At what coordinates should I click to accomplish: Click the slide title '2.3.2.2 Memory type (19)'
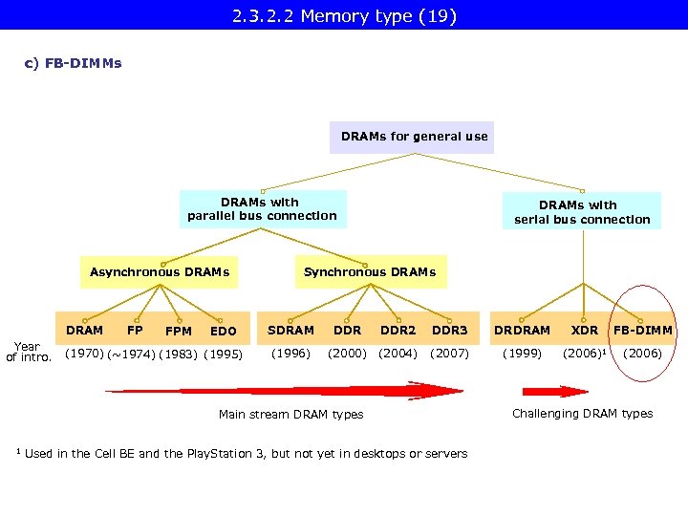click(343, 15)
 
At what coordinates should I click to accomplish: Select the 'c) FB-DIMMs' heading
click(73, 64)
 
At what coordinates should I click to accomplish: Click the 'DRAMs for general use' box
click(414, 137)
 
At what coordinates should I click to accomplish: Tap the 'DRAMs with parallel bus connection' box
click(262, 209)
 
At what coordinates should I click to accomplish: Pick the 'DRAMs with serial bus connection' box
click(581, 212)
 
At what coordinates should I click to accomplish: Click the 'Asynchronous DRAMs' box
click(160, 272)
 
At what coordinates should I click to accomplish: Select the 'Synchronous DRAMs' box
click(369, 272)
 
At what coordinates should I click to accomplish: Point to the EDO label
click(223, 332)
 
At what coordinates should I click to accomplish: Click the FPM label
click(179, 332)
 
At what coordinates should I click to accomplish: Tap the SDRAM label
click(290, 331)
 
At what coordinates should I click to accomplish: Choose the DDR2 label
click(398, 331)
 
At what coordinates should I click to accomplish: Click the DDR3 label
click(449, 331)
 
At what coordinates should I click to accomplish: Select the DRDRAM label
click(522, 331)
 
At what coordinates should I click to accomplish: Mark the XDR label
click(584, 331)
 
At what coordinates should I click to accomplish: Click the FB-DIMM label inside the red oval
click(642, 331)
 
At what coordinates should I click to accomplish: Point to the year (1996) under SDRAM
click(290, 354)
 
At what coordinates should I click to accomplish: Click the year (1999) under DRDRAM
click(522, 354)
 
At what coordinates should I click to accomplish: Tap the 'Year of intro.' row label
click(28, 353)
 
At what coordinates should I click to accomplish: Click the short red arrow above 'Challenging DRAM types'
click(555, 391)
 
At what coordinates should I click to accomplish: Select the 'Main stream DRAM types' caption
click(290, 415)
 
